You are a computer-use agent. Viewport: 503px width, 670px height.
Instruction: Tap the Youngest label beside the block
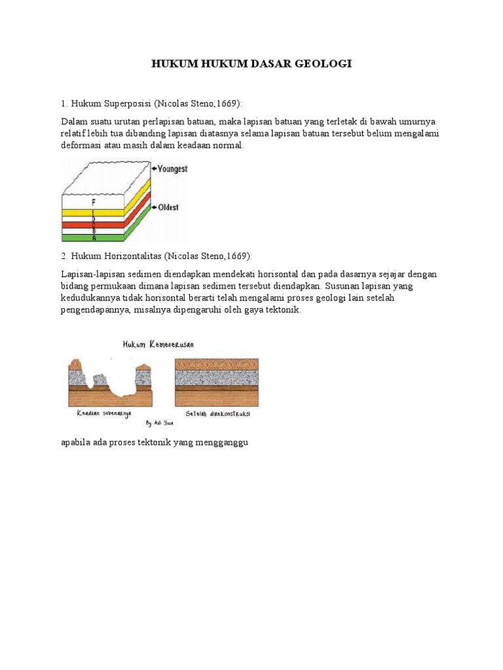(x=172, y=169)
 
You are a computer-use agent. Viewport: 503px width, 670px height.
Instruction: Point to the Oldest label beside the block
(x=168, y=207)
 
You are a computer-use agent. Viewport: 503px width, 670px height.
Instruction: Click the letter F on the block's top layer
(x=94, y=202)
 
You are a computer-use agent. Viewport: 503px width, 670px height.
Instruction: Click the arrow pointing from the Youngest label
(x=153, y=169)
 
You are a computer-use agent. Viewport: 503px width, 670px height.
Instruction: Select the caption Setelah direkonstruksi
(x=219, y=414)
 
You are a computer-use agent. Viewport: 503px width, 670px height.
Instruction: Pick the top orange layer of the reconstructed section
(x=217, y=364)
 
